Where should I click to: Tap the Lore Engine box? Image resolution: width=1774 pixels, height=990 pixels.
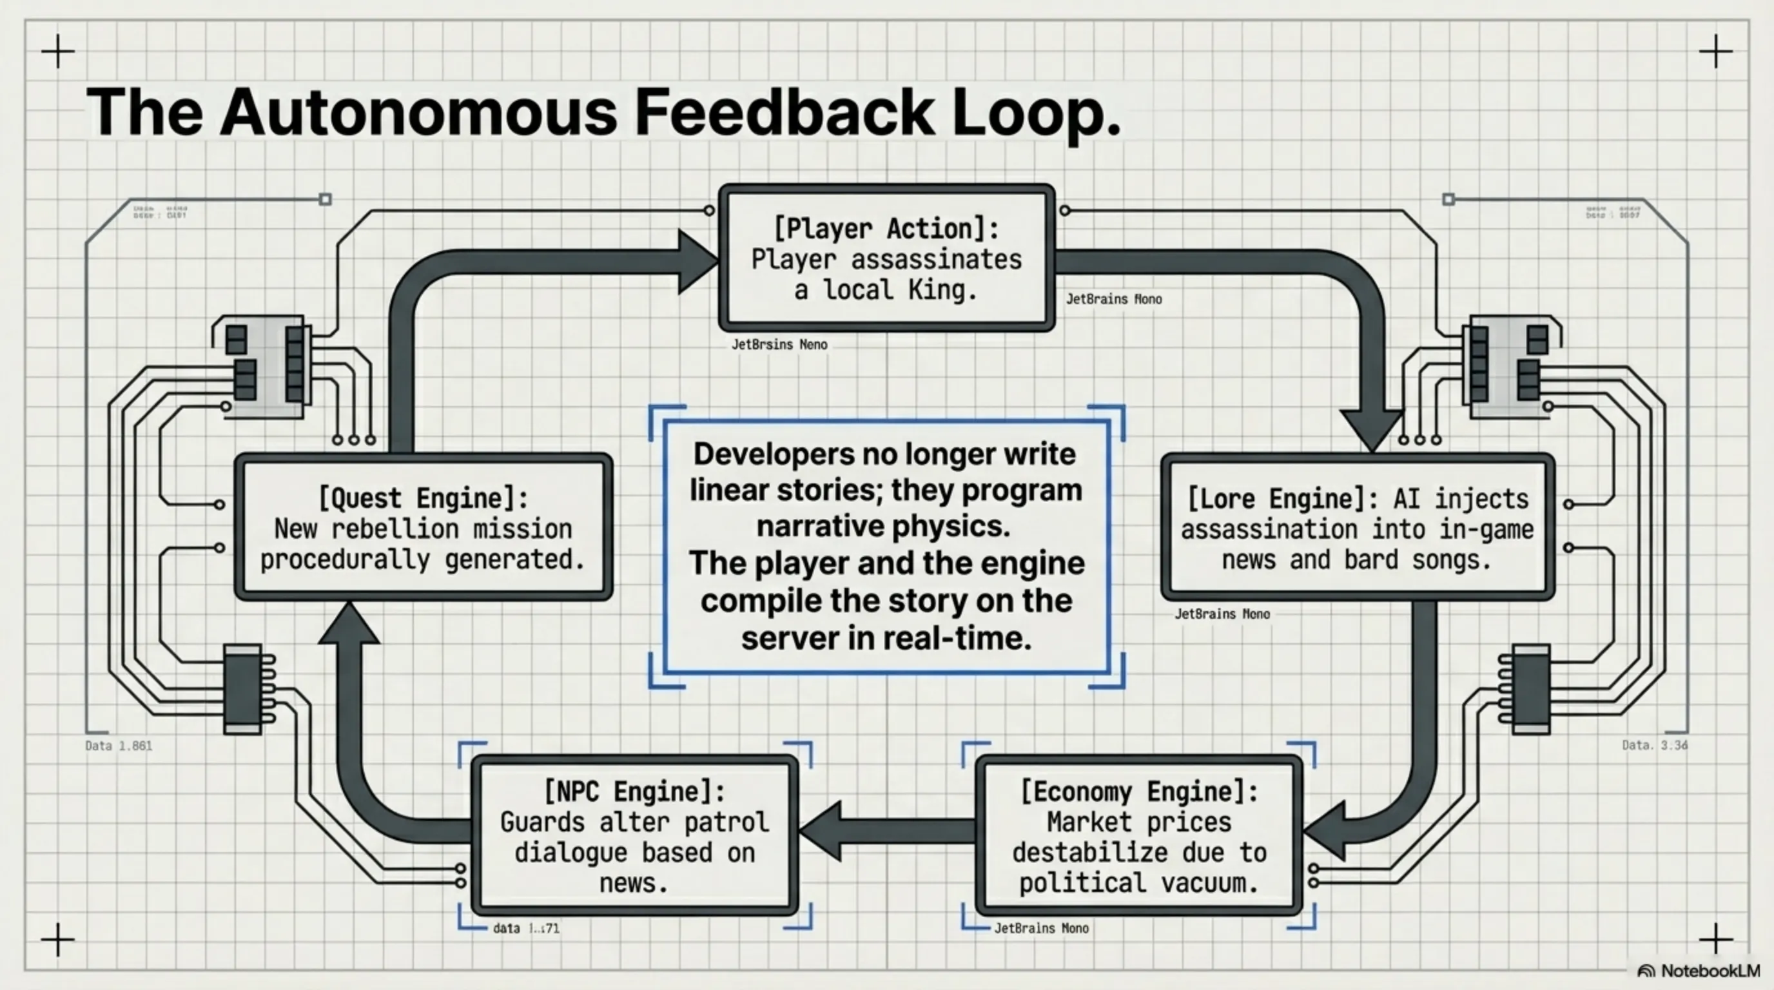click(1357, 527)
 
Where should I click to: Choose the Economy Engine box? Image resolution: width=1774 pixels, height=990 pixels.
click(1138, 836)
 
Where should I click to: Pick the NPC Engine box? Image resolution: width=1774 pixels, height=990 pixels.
click(634, 836)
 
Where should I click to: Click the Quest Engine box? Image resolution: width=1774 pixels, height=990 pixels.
click(423, 527)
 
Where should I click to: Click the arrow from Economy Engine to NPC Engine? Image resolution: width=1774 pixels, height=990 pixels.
click(888, 831)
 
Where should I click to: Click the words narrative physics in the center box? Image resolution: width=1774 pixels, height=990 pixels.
click(884, 527)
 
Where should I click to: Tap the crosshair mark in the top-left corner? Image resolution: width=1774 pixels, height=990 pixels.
click(58, 52)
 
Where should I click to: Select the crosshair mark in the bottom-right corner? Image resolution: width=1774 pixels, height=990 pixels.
click(1715, 939)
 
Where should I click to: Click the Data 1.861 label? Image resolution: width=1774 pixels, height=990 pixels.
click(119, 746)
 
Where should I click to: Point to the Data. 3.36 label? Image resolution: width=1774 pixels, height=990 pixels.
click(1654, 745)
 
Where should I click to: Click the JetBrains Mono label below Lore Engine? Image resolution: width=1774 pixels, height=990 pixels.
click(1222, 614)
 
